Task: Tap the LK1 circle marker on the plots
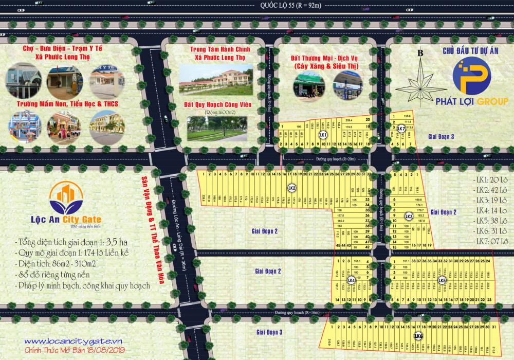pos(323,135)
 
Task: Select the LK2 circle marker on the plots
pos(291,188)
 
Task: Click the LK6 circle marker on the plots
pos(418,336)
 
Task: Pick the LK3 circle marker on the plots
pos(409,216)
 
